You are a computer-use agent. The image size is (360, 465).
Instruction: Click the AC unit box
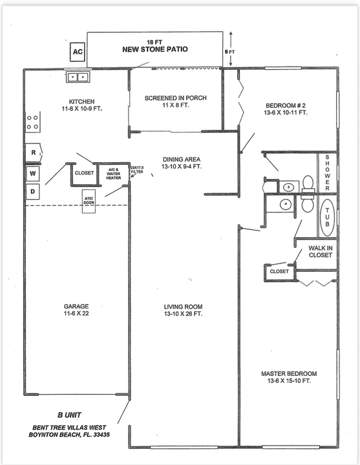pos(78,52)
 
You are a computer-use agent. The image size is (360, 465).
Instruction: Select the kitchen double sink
pos(79,77)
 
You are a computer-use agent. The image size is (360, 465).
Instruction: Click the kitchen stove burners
pos(32,121)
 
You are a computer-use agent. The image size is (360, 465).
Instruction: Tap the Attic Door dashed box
pos(89,200)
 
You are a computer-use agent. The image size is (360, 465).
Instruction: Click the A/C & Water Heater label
pos(114,175)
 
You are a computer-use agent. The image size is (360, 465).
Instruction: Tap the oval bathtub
pos(326,218)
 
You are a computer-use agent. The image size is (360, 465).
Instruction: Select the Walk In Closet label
pos(320,251)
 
